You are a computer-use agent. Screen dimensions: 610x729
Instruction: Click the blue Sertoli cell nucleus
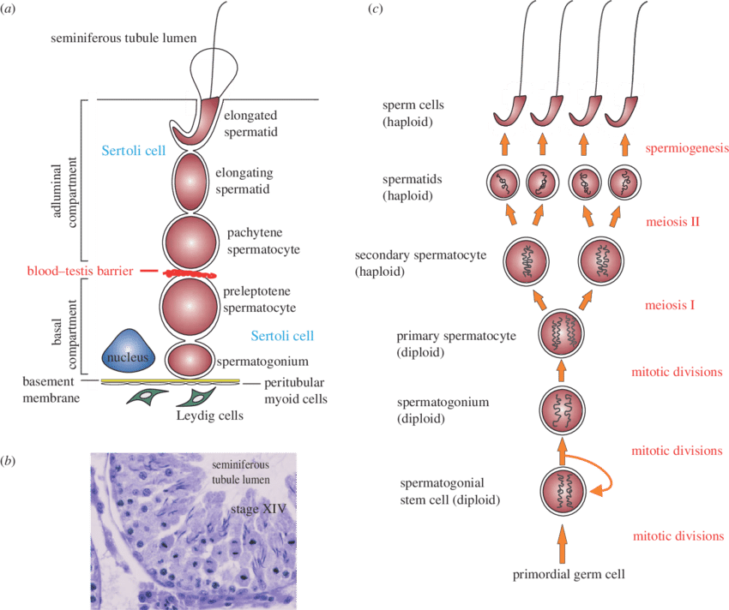(x=129, y=353)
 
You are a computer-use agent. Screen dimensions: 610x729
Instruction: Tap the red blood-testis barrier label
(x=80, y=271)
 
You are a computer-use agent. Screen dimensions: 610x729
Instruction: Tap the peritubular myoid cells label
(x=292, y=392)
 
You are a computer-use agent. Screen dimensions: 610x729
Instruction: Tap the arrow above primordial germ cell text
(x=563, y=545)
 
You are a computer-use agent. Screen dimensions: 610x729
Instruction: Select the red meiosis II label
(x=673, y=221)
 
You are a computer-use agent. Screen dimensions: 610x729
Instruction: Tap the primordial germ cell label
(x=563, y=574)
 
